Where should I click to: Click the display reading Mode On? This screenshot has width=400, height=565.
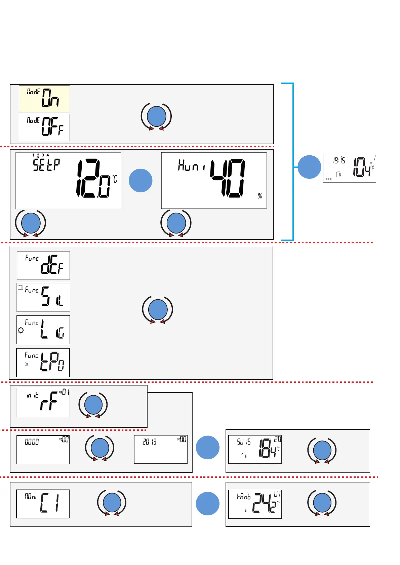pyautogui.click(x=44, y=99)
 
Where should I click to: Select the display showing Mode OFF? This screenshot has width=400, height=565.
pyautogui.click(x=44, y=127)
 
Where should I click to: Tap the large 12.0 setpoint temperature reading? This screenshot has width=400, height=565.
pyautogui.click(x=93, y=178)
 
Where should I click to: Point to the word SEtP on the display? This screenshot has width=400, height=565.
pyautogui.click(x=46, y=165)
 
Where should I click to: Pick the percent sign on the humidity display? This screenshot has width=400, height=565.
pyautogui.click(x=260, y=196)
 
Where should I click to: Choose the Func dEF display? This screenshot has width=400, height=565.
pyautogui.click(x=43, y=265)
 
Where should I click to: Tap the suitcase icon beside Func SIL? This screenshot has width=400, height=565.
pyautogui.click(x=21, y=288)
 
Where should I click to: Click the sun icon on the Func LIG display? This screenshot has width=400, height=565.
pyautogui.click(x=21, y=330)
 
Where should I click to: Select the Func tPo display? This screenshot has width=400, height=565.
pyautogui.click(x=43, y=363)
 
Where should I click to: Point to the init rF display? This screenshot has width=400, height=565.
pyautogui.click(x=43, y=402)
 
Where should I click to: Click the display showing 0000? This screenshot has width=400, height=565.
pyautogui.click(x=43, y=450)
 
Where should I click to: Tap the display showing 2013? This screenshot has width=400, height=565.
pyautogui.click(x=161, y=450)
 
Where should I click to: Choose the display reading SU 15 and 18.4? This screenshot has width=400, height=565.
pyautogui.click(x=255, y=450)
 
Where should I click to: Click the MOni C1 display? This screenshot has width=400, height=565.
pyautogui.click(x=43, y=504)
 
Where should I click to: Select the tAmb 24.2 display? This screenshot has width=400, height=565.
pyautogui.click(x=255, y=504)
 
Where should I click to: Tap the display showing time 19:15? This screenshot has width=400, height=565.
pyautogui.click(x=349, y=168)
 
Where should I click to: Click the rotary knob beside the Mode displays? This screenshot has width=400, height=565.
pyautogui.click(x=157, y=116)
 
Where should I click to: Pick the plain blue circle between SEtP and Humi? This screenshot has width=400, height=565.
pyautogui.click(x=141, y=181)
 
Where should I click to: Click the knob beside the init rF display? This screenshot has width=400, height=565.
pyautogui.click(x=93, y=405)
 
